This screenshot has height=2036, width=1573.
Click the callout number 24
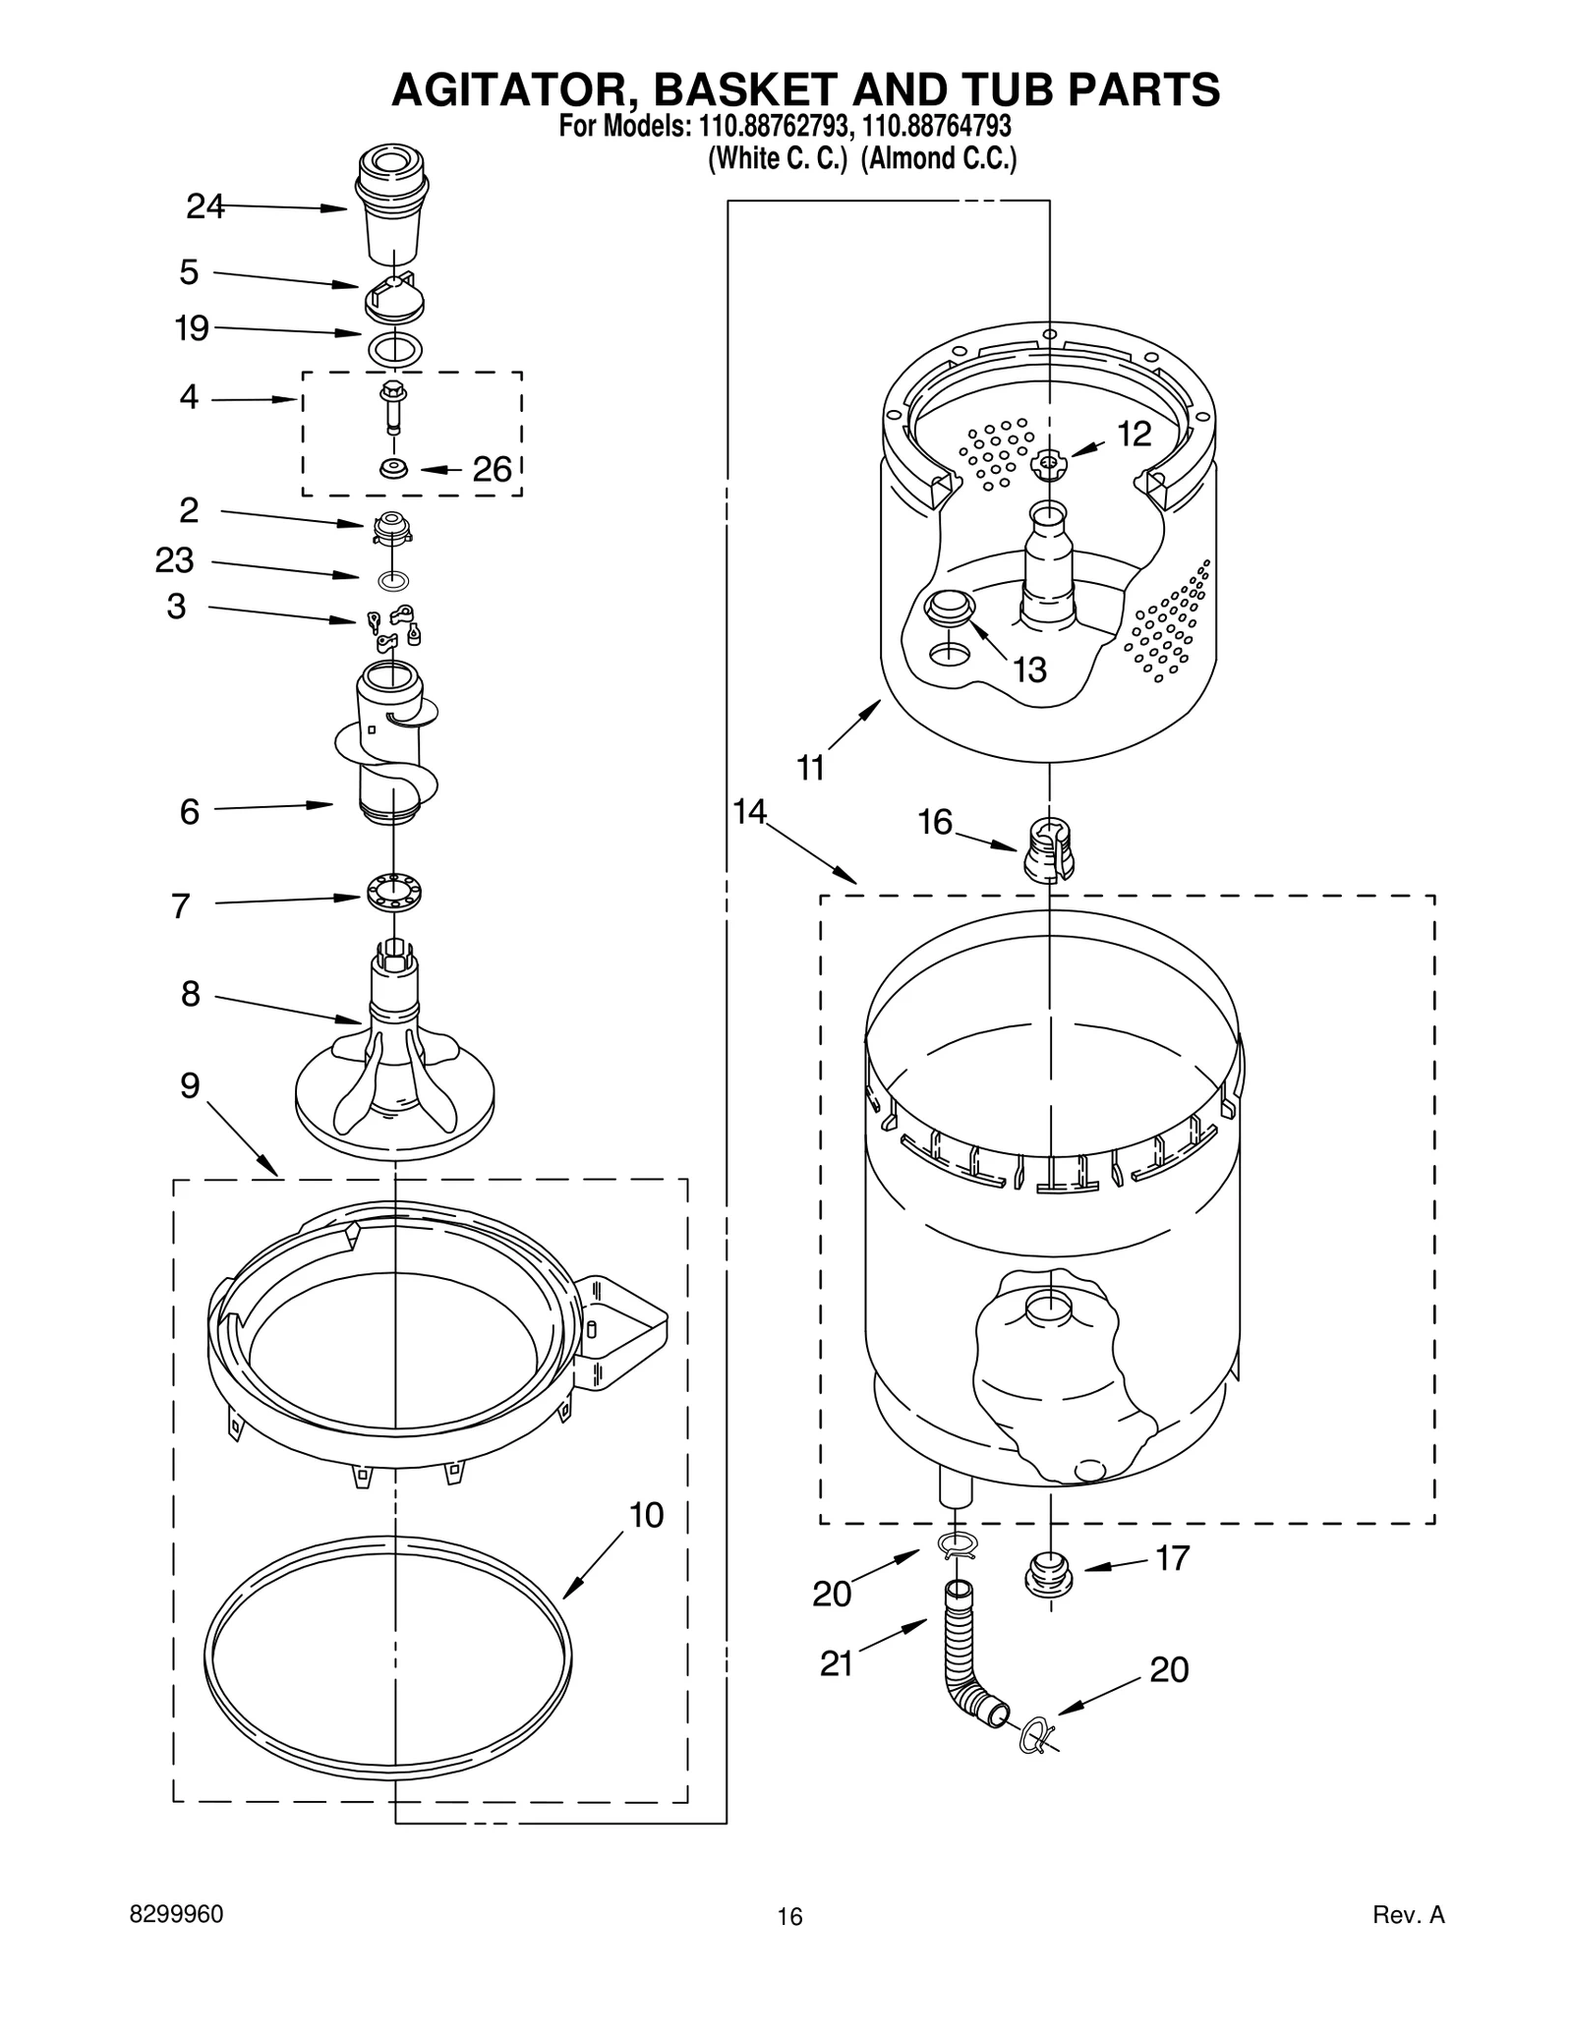(205, 206)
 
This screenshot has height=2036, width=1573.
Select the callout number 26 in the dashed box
(493, 469)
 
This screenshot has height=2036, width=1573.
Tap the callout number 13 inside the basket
(1029, 669)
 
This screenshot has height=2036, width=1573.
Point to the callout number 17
(1172, 1558)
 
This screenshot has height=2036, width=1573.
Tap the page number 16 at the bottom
(789, 1916)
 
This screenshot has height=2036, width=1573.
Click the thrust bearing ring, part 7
(394, 891)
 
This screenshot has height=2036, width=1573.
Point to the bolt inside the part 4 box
(393, 406)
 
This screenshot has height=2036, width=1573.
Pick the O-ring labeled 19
(393, 347)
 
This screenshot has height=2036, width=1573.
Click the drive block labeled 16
(1049, 848)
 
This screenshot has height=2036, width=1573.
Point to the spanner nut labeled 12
(1048, 461)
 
